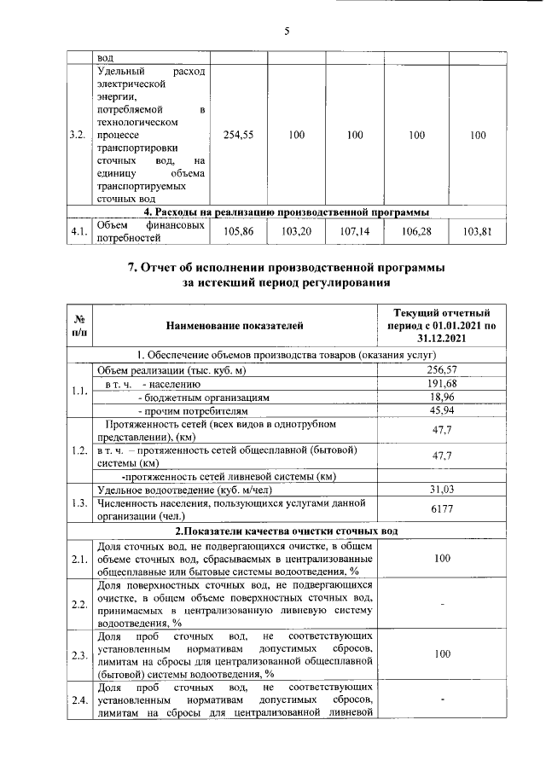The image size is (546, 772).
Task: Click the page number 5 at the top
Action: (287, 32)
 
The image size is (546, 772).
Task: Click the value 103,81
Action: (478, 231)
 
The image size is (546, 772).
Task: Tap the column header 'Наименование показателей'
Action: (234, 325)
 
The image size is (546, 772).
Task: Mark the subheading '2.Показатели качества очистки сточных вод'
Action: (286, 531)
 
